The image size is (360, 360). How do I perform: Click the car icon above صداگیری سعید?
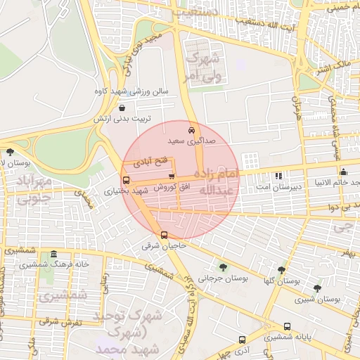tap(191, 131)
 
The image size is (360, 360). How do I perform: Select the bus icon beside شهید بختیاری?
tap(126, 180)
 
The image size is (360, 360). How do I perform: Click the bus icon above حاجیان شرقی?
tap(164, 235)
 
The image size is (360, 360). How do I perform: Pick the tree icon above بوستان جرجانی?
tap(223, 266)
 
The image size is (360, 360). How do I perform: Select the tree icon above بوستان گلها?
tap(281, 269)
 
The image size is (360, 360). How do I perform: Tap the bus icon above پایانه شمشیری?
tap(287, 326)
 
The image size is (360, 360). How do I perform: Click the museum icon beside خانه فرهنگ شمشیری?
tap(53, 254)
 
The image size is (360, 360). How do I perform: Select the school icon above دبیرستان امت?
tap(278, 174)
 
